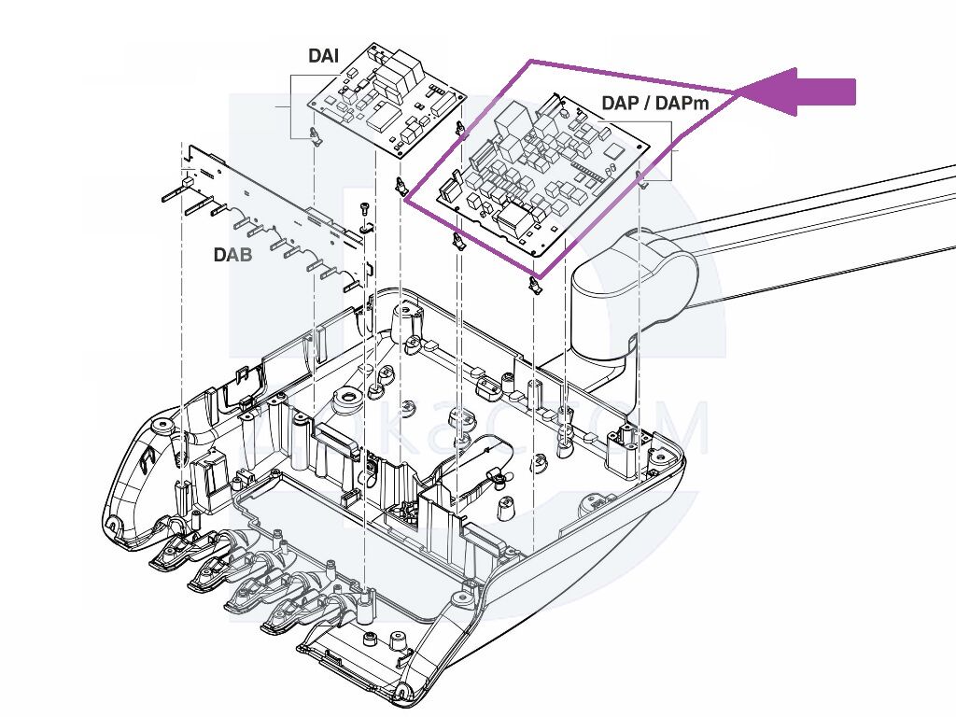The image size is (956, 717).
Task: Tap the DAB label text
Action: [232, 253]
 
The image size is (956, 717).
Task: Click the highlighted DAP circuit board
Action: [546, 173]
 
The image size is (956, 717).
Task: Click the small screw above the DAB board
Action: [364, 206]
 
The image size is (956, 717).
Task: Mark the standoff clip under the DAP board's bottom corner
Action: [536, 284]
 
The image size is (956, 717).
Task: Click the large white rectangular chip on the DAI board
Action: [384, 117]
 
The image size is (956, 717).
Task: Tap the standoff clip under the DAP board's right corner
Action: [641, 177]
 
